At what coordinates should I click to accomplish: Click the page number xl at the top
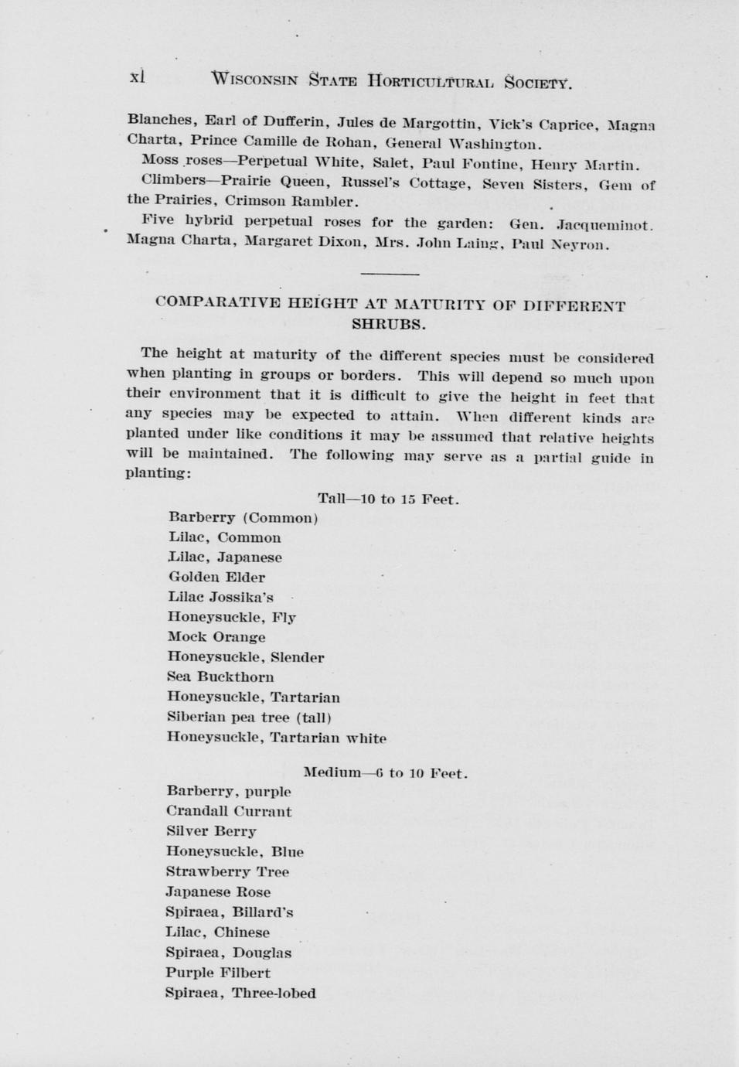[x=138, y=77]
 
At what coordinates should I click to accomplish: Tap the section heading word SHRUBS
[x=389, y=324]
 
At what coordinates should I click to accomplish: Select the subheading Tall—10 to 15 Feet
[x=388, y=499]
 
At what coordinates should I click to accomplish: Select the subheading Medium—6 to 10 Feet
[x=385, y=773]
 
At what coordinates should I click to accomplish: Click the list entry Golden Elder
[x=216, y=577]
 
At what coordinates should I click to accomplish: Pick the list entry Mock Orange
[x=216, y=637]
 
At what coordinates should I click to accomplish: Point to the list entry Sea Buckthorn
[x=220, y=677]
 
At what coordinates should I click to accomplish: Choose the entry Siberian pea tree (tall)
[x=250, y=718]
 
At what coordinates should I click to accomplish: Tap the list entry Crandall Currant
[x=229, y=812]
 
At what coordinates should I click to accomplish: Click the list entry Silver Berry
[x=211, y=832]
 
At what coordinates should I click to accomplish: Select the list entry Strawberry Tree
[x=227, y=872]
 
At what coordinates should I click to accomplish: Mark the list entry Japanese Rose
[x=218, y=892]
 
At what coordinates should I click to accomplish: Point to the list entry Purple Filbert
[x=218, y=973]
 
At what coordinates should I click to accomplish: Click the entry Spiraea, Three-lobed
[x=240, y=994]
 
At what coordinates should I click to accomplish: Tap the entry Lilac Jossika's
[x=220, y=597]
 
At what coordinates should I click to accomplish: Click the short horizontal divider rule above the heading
[x=390, y=274]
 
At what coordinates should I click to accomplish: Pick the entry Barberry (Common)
[x=243, y=518]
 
